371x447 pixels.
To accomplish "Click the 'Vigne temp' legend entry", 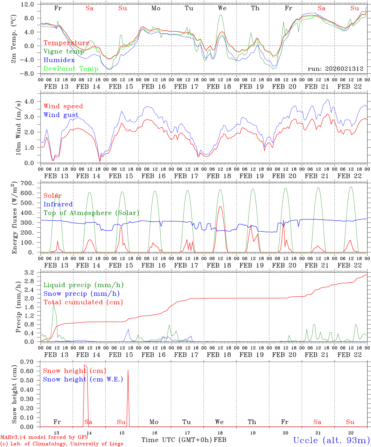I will coord(64,52).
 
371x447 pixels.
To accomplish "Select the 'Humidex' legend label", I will coord(59,60).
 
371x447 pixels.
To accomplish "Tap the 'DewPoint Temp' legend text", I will coord(71,69).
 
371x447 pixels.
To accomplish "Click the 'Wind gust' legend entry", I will coord(61,115).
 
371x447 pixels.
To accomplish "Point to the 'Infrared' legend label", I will coord(58,204).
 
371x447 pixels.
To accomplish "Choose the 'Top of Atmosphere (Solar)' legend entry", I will coord(91,213).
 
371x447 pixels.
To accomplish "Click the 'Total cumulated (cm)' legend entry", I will coord(83,302).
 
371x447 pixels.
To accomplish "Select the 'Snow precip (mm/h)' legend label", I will coord(81,294).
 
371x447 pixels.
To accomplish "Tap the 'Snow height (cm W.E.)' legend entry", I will coord(83,379).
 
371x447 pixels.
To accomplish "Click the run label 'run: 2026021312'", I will coord(335,69).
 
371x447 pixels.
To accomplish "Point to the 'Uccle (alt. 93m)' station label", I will coord(331,440).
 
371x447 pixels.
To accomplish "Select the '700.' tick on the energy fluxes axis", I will coord(27,183).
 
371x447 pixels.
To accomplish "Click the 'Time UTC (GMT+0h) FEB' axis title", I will coord(184,440).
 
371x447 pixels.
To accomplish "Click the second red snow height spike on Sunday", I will coord(128,370).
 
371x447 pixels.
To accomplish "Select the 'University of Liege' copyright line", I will coord(62,444).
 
